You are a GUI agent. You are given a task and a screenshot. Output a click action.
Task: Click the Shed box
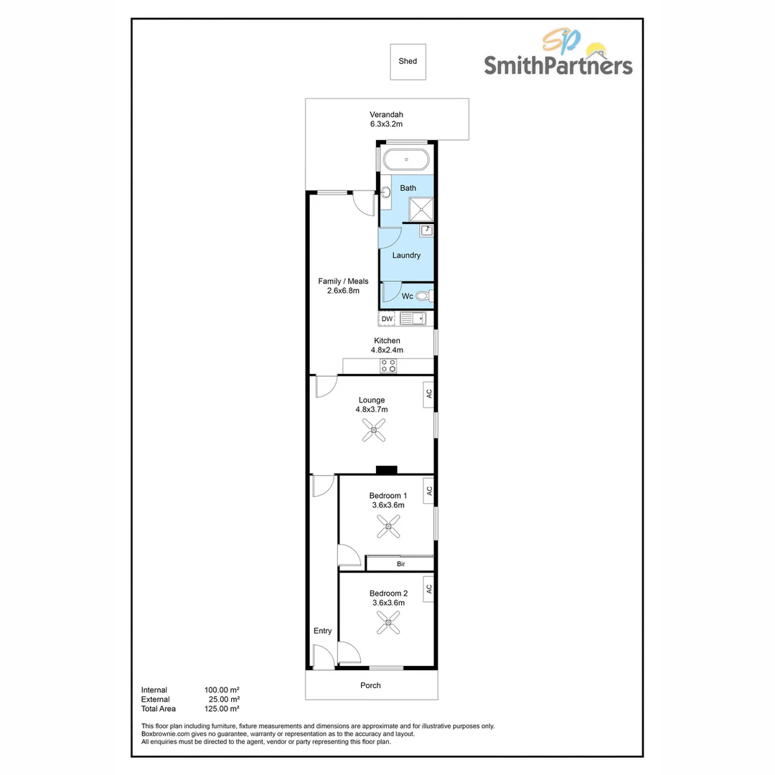click(x=408, y=62)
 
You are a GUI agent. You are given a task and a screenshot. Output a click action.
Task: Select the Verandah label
click(x=386, y=115)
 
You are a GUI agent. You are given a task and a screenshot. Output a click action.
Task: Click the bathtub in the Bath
click(x=406, y=159)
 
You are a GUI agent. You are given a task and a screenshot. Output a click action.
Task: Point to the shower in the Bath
click(x=421, y=209)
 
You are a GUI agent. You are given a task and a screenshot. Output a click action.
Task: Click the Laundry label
click(x=406, y=255)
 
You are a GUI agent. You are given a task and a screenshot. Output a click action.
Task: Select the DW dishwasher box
click(x=387, y=319)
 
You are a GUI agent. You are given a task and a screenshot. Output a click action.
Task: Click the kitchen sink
click(x=413, y=319)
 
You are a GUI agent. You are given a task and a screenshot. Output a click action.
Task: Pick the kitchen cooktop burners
click(x=387, y=366)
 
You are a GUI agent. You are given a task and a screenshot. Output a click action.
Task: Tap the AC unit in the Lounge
click(x=428, y=394)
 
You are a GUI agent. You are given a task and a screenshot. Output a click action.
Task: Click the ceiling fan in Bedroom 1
click(x=387, y=529)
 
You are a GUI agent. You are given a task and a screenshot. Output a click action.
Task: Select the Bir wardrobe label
click(x=400, y=565)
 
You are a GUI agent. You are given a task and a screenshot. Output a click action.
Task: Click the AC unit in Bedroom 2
click(x=428, y=589)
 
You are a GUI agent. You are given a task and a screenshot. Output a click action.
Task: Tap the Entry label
click(x=322, y=631)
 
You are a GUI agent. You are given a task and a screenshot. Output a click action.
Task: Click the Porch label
click(x=370, y=685)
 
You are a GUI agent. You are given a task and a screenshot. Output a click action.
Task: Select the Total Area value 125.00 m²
click(x=222, y=709)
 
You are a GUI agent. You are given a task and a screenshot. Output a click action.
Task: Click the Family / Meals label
click(x=343, y=281)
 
